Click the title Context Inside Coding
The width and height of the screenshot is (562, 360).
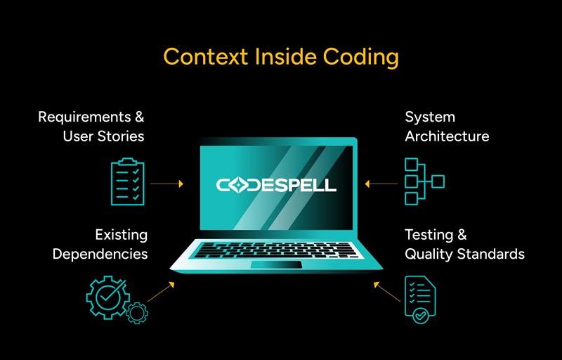(x=280, y=56)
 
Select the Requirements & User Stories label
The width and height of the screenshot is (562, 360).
(x=91, y=126)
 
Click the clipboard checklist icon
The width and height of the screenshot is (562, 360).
(x=128, y=182)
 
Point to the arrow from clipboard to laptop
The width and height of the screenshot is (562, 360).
(x=167, y=184)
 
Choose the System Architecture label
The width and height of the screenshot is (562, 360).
(x=447, y=126)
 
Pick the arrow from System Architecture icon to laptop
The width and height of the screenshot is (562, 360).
(x=381, y=184)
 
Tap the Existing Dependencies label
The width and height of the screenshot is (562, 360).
(x=100, y=244)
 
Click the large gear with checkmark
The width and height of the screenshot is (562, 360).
(x=107, y=296)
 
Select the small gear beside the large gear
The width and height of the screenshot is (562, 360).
(x=137, y=312)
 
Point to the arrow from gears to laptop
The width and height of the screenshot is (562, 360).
(x=161, y=292)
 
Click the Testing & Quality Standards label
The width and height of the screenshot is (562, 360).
(x=464, y=244)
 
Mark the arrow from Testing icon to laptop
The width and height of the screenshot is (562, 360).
(x=387, y=292)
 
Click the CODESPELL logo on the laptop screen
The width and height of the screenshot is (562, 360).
(x=277, y=186)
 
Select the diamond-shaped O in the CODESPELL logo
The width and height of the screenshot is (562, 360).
(x=237, y=186)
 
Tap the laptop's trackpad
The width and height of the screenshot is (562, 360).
(x=276, y=264)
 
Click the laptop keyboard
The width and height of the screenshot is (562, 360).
(x=277, y=249)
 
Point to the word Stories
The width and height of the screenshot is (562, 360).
(x=119, y=136)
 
